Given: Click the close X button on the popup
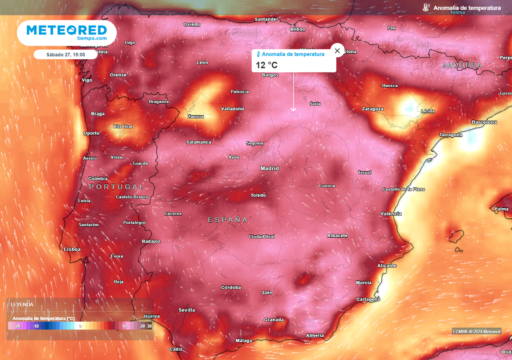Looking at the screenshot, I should [337, 50].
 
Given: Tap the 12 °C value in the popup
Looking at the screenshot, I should [267, 65].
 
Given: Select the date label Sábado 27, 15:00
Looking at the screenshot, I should [66, 54].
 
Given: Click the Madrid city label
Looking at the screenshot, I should [270, 168].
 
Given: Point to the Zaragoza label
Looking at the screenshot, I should [372, 109].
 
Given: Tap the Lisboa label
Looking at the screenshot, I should [72, 249].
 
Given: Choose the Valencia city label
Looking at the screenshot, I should [391, 214].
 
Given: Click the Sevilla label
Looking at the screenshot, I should [187, 310].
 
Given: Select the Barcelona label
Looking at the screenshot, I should [484, 122].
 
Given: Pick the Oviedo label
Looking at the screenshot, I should [192, 24].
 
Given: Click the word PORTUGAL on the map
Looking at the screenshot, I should [116, 187].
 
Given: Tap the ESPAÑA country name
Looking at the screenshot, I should [228, 220].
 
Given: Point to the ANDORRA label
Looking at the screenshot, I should [462, 65].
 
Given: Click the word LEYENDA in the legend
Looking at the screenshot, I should [22, 304].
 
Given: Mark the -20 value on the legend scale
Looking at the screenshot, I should [17, 326].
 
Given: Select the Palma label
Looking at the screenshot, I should [501, 209].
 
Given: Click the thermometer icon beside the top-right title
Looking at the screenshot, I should [426, 8].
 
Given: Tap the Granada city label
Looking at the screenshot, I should [274, 320].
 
